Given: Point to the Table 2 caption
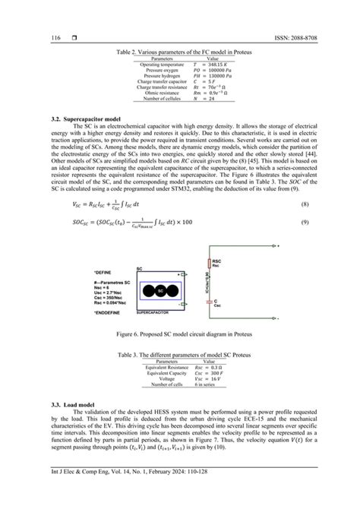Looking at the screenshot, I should tap(180, 52).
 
